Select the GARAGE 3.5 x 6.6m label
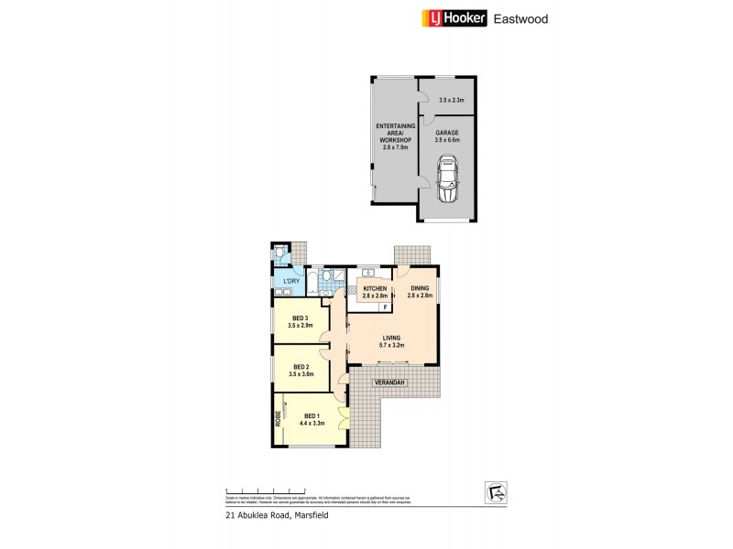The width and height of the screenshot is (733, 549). (x=448, y=135)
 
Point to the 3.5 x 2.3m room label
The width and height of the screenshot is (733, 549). (x=453, y=99)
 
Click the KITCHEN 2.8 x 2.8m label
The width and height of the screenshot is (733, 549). (x=374, y=293)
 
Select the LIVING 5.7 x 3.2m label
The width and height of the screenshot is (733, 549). (x=393, y=340)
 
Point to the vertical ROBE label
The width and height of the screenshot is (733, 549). (x=278, y=418)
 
